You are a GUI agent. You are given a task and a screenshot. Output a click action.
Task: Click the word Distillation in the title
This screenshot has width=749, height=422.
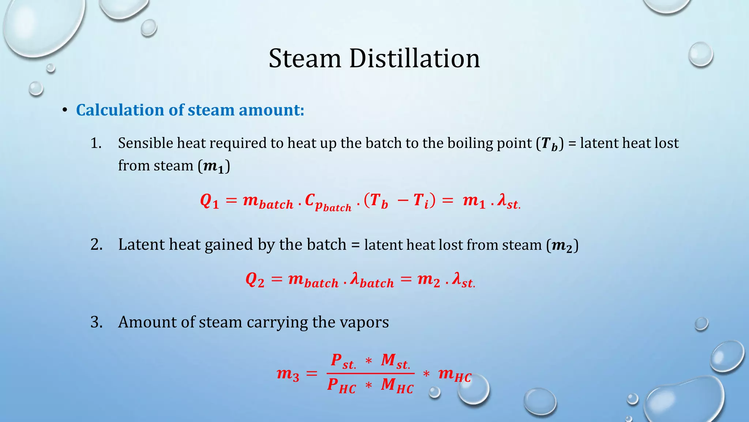[414, 59]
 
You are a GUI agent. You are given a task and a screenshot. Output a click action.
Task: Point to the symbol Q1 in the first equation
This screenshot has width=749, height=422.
[210, 201]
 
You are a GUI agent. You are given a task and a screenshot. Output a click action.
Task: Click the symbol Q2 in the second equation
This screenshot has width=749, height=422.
[255, 280]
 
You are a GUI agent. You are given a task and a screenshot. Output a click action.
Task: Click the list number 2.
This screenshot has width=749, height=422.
[97, 245]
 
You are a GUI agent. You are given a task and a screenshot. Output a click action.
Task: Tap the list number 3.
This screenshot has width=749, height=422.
[97, 322]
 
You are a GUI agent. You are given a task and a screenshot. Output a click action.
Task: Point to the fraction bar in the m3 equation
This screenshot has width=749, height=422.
[370, 373]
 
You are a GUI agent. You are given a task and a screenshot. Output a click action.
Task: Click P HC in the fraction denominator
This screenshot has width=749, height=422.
[341, 386]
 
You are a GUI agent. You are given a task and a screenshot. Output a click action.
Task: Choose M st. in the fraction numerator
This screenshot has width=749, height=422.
[395, 361]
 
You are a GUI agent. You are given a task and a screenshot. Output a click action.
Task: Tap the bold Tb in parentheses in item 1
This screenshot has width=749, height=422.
[550, 144]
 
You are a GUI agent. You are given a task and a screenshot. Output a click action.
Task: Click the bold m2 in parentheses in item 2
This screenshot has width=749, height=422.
[562, 245]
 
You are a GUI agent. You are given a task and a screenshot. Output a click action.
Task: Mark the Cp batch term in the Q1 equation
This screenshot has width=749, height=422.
[328, 203]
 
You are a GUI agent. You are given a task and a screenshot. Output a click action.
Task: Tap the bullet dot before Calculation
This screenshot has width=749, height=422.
[65, 110]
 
